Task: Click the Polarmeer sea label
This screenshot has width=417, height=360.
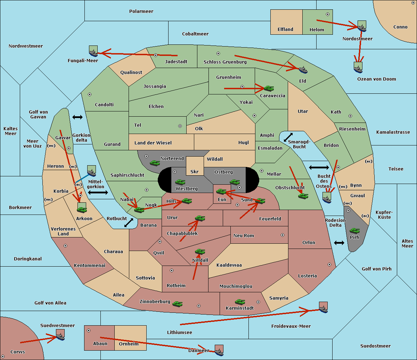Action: point(141,11)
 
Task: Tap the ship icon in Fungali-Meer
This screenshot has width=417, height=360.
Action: point(93,51)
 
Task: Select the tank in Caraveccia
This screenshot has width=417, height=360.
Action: point(269,88)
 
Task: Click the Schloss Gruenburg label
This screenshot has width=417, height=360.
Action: point(225,62)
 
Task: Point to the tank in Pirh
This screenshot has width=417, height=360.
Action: point(354,231)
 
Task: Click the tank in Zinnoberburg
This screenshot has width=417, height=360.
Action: point(177,304)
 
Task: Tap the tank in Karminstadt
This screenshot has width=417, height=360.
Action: point(240,302)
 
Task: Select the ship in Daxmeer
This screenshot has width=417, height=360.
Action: point(219,350)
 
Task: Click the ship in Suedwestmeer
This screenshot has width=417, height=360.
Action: point(60,335)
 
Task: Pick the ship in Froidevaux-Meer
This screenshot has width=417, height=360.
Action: point(323,307)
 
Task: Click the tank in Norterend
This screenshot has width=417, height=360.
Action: point(155,163)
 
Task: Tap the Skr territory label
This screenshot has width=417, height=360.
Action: point(194,171)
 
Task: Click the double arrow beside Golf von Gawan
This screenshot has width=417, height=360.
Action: point(77,117)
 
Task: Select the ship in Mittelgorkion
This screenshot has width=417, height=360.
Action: point(91,171)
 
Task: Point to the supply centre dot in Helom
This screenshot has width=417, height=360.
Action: point(328,14)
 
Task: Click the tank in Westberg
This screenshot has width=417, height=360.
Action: point(180,182)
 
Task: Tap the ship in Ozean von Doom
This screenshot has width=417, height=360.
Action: point(358,68)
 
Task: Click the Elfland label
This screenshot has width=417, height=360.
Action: point(285,30)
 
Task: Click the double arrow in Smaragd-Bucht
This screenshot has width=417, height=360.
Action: point(288,137)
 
